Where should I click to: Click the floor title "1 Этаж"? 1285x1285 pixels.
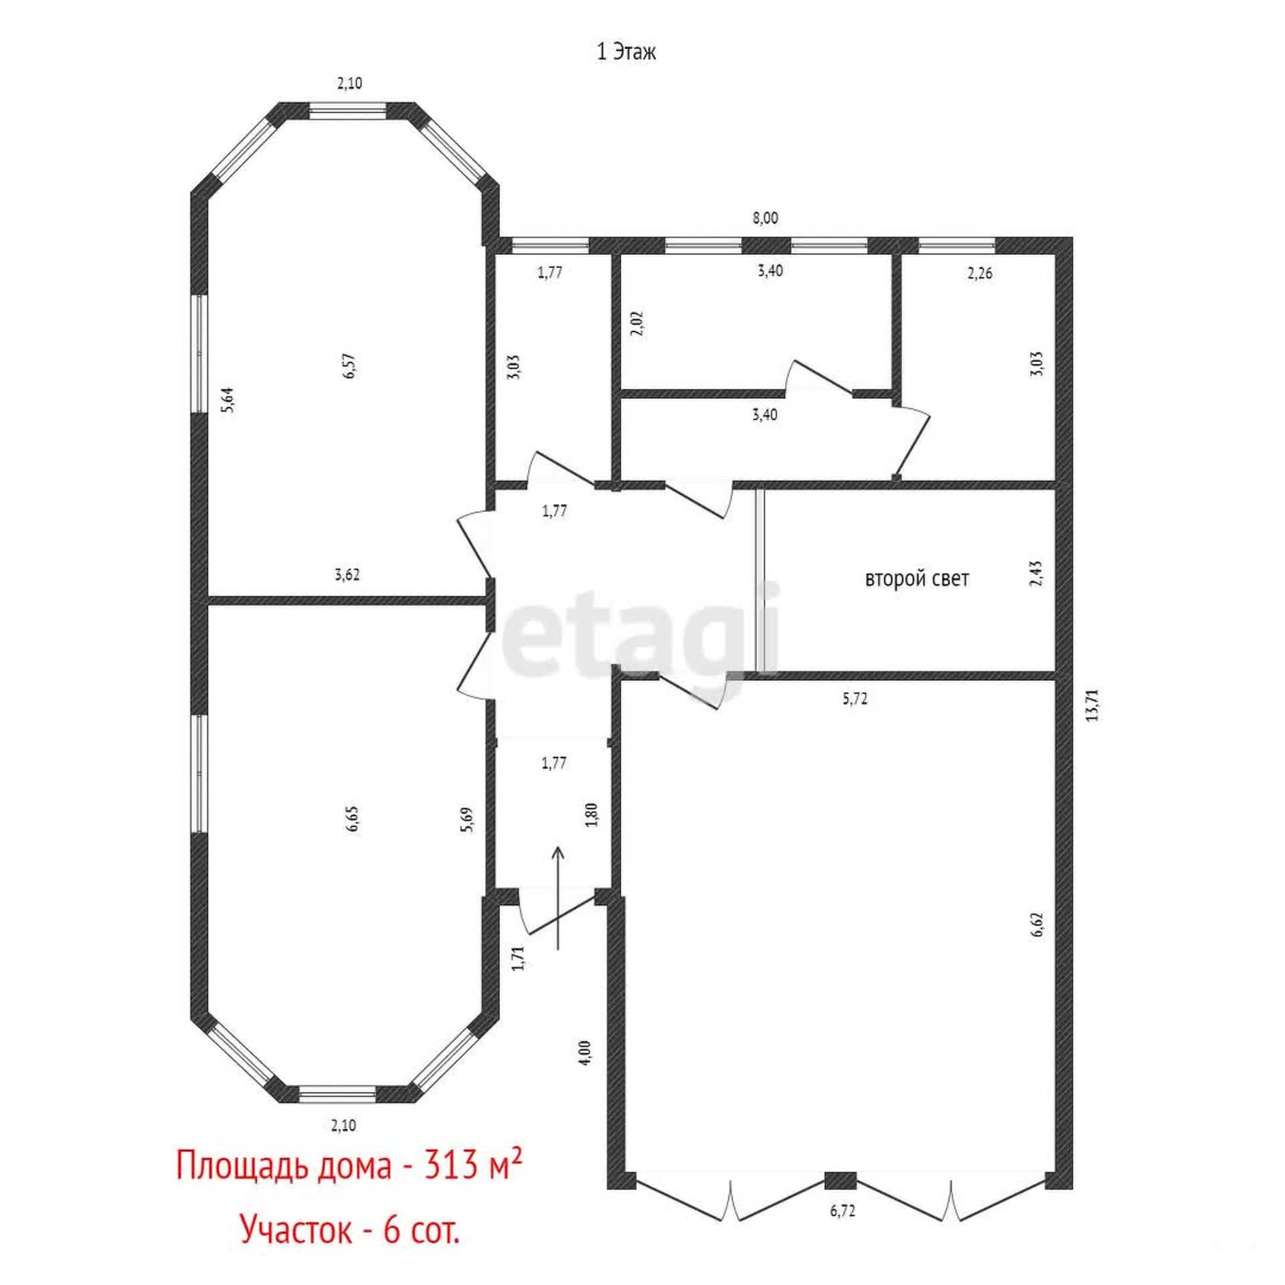point(626,53)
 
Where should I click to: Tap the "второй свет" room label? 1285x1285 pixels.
point(917,579)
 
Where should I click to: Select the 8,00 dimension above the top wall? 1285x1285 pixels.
point(766,218)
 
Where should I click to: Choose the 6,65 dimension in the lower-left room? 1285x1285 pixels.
point(353,819)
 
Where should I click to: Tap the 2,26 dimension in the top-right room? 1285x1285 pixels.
point(980,274)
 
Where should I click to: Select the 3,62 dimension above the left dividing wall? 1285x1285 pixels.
point(347,574)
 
